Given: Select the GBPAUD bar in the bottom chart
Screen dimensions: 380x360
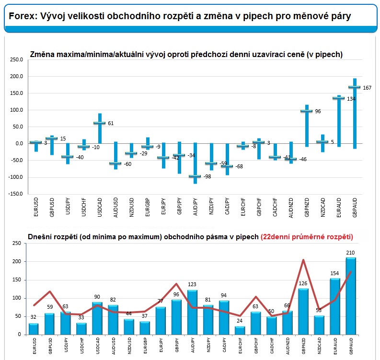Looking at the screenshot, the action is pyautogui.click(x=351, y=296).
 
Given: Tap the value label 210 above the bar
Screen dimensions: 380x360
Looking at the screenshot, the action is pyautogui.click(x=350, y=253).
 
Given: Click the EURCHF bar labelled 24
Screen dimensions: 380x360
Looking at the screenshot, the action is pyautogui.click(x=240, y=330).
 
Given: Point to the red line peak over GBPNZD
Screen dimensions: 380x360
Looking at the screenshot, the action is pyautogui.click(x=303, y=260).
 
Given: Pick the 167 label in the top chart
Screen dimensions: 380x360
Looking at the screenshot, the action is pyautogui.click(x=367, y=88).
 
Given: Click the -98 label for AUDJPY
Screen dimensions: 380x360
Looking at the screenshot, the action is pyautogui.click(x=207, y=176).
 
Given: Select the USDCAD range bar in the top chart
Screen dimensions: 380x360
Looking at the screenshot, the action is pyautogui.click(x=100, y=128).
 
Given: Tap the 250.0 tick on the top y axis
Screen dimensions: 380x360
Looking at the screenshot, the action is pyautogui.click(x=16, y=59).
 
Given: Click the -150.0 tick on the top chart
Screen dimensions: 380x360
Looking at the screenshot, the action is pyautogui.click(x=15, y=194).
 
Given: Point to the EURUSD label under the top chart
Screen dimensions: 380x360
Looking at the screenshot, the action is pyautogui.click(x=36, y=207).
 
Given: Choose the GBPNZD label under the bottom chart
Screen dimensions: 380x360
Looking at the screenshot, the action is pyautogui.click(x=303, y=346).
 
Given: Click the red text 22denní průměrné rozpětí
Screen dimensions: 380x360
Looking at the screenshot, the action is pyautogui.click(x=307, y=237).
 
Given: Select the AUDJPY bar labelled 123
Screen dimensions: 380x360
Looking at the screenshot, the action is pyautogui.click(x=192, y=312).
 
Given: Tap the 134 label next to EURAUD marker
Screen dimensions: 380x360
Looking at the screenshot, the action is pyautogui.click(x=351, y=99).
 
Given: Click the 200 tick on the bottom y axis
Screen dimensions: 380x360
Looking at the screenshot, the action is pyautogui.click(x=17, y=261).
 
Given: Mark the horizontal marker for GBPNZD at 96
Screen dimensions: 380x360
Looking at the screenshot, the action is pyautogui.click(x=306, y=111).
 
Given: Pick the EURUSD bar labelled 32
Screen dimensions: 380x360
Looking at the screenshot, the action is pyautogui.click(x=34, y=329).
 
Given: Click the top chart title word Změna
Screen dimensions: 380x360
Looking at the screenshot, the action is pyautogui.click(x=42, y=54).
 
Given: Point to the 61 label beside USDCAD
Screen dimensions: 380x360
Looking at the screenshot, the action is pyautogui.click(x=111, y=123).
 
